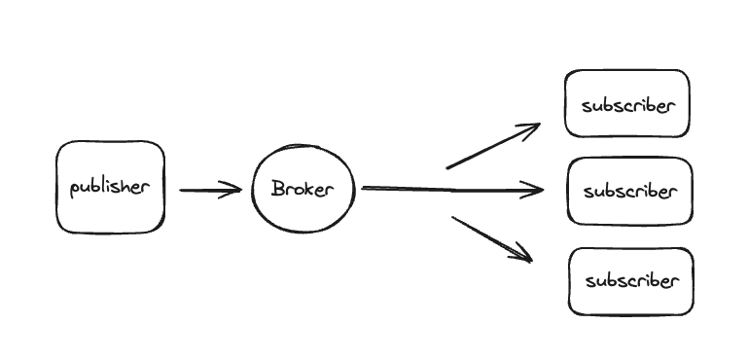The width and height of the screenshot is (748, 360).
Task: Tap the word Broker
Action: pos(303,189)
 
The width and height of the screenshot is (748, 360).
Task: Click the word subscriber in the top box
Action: pos(627,105)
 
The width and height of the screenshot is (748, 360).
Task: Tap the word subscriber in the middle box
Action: pos(629,191)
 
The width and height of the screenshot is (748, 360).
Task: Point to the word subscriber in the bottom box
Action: pos(630,281)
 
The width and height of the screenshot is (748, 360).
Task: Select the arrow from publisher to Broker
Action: pos(209,191)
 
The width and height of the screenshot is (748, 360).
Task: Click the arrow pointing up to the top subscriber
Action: pos(491,147)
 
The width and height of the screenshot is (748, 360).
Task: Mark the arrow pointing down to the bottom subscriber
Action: pos(491,238)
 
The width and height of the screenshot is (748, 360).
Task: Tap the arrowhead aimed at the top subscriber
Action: pos(531,129)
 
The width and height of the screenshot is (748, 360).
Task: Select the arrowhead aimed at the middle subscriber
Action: pos(535,191)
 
